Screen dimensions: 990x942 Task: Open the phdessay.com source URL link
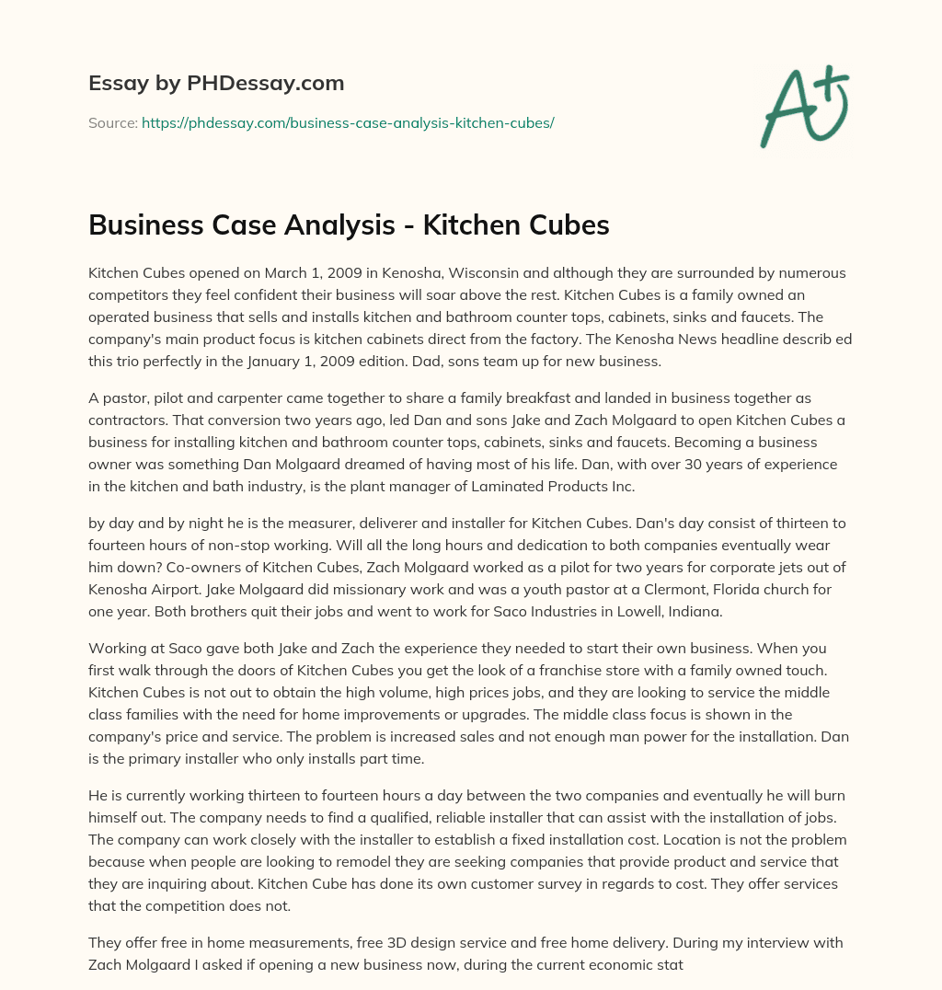(348, 121)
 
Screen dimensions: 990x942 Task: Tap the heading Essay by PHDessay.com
(216, 84)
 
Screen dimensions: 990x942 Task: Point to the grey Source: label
(112, 121)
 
